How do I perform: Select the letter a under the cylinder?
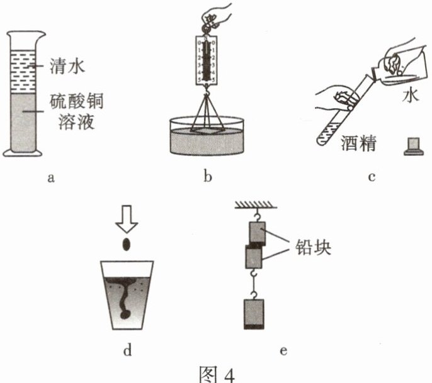52,178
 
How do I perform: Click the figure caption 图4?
215,373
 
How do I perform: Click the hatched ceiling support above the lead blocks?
255,205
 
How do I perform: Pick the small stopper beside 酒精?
412,147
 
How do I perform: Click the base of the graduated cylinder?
25,151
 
